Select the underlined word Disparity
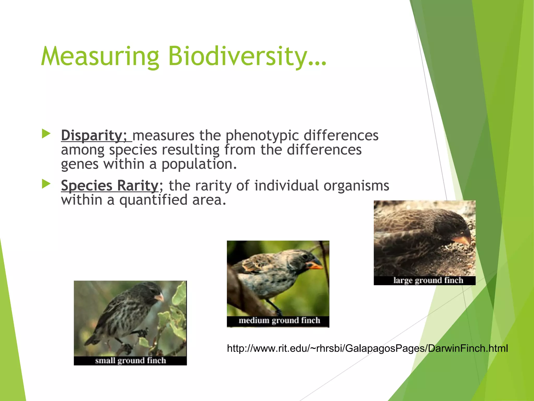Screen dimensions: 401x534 coord(91,135)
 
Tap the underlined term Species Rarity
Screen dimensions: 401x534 coord(110,185)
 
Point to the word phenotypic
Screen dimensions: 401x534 coord(262,136)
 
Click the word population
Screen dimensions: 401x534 coord(199,164)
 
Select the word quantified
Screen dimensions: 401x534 coord(153,200)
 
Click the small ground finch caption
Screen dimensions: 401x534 coord(130,361)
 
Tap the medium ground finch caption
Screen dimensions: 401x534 coord(279,320)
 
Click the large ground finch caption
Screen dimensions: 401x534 coord(428,280)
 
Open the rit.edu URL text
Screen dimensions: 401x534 coord(367,348)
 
